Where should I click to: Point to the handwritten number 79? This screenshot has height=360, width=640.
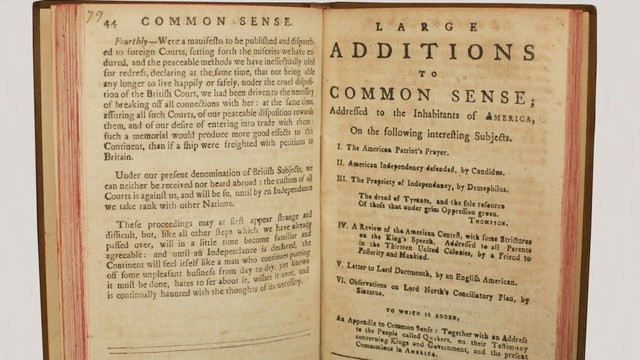click(x=93, y=16)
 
